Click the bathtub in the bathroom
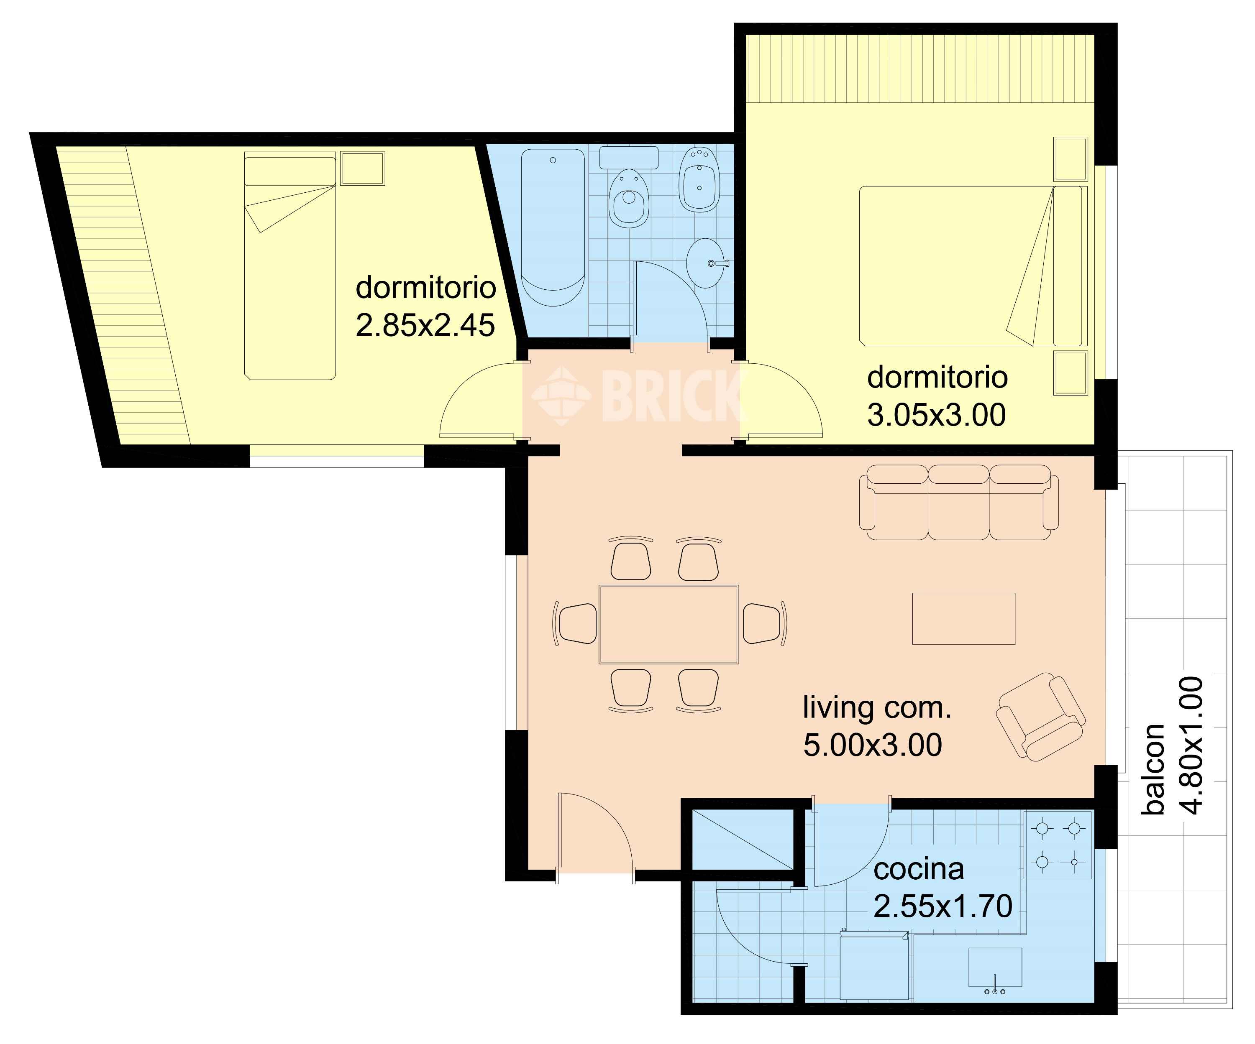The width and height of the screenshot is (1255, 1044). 553,227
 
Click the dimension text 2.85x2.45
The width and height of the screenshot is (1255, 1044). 425,326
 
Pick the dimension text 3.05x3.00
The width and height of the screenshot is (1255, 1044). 937,415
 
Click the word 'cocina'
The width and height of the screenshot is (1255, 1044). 919,870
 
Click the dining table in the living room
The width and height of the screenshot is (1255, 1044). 669,625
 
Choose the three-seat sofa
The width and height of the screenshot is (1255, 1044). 958,502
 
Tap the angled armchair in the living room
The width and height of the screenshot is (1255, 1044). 1040,717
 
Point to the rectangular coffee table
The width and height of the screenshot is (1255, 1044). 963,619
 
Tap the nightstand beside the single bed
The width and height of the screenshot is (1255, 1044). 363,168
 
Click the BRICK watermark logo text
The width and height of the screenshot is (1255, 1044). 672,396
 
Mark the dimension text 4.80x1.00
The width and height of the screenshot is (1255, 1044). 1190,745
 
